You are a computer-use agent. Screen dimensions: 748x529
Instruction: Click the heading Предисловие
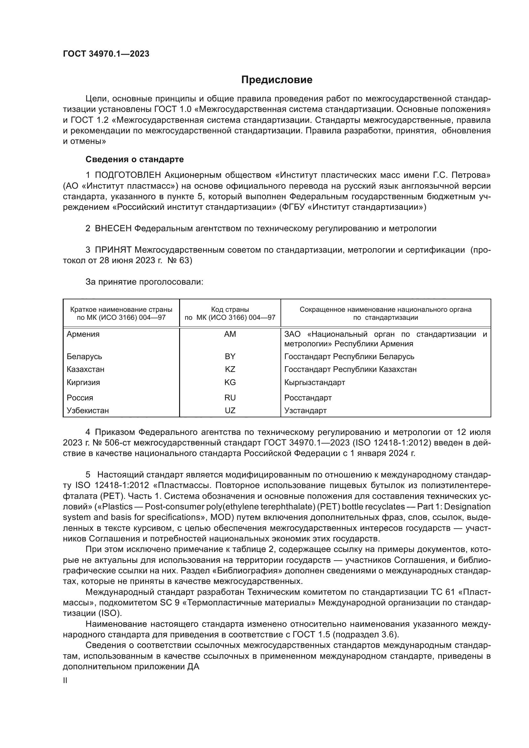pyautogui.click(x=277, y=80)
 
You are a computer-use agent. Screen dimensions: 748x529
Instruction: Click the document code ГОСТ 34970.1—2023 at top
pyautogui.click(x=106, y=54)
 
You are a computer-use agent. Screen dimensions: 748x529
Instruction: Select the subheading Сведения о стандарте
pyautogui.click(x=135, y=159)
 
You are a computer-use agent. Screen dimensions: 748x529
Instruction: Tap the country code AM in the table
pyautogui.click(x=230, y=334)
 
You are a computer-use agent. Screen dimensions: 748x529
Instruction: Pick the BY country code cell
pyautogui.click(x=230, y=356)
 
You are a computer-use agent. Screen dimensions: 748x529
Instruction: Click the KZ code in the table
pyautogui.click(x=230, y=369)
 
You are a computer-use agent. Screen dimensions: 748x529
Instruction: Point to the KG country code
pyautogui.click(x=230, y=382)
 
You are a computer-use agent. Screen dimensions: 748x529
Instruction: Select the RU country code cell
pyautogui.click(x=230, y=398)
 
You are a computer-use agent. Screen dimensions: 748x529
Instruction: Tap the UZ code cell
pyautogui.click(x=230, y=411)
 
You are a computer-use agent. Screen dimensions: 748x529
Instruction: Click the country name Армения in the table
pyautogui.click(x=83, y=334)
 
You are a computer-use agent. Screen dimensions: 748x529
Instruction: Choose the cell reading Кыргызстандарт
pyautogui.click(x=314, y=382)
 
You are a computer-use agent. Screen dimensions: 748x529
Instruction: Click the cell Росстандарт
pyautogui.click(x=308, y=398)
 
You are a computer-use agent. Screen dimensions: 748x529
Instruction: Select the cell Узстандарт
pyautogui.click(x=305, y=411)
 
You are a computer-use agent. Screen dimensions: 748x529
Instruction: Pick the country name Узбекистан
pyautogui.click(x=88, y=411)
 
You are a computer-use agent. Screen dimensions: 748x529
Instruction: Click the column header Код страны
pyautogui.click(x=230, y=310)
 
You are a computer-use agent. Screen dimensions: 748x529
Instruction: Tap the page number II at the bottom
pyautogui.click(x=65, y=681)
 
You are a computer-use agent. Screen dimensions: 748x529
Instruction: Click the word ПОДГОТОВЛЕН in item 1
pyautogui.click(x=128, y=175)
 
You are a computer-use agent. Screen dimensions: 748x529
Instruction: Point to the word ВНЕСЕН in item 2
pyautogui.click(x=113, y=229)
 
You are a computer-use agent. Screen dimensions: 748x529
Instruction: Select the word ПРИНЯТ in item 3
pyautogui.click(x=113, y=250)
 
